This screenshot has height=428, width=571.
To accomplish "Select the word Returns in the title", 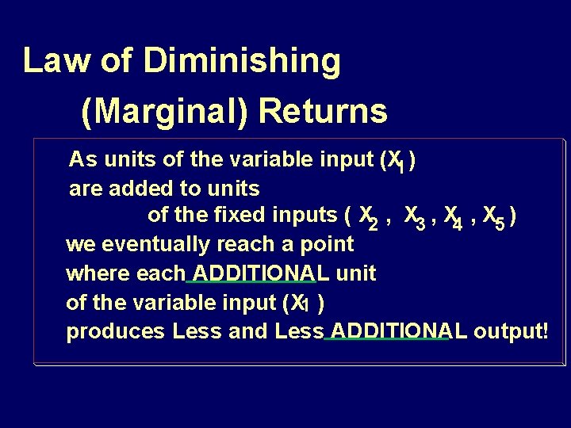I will tap(323, 112).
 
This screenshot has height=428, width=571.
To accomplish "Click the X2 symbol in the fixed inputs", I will tap(369, 217).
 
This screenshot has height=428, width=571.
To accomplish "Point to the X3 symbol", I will tap(414, 216).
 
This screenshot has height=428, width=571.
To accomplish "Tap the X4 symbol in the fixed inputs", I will tap(454, 217).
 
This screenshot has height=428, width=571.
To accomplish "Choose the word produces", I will tap(116, 331).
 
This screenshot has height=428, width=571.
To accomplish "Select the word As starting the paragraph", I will tap(81, 159).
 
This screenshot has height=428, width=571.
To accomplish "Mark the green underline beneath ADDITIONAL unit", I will tap(251, 281).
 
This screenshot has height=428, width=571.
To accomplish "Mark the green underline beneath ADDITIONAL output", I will tap(386, 339).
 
